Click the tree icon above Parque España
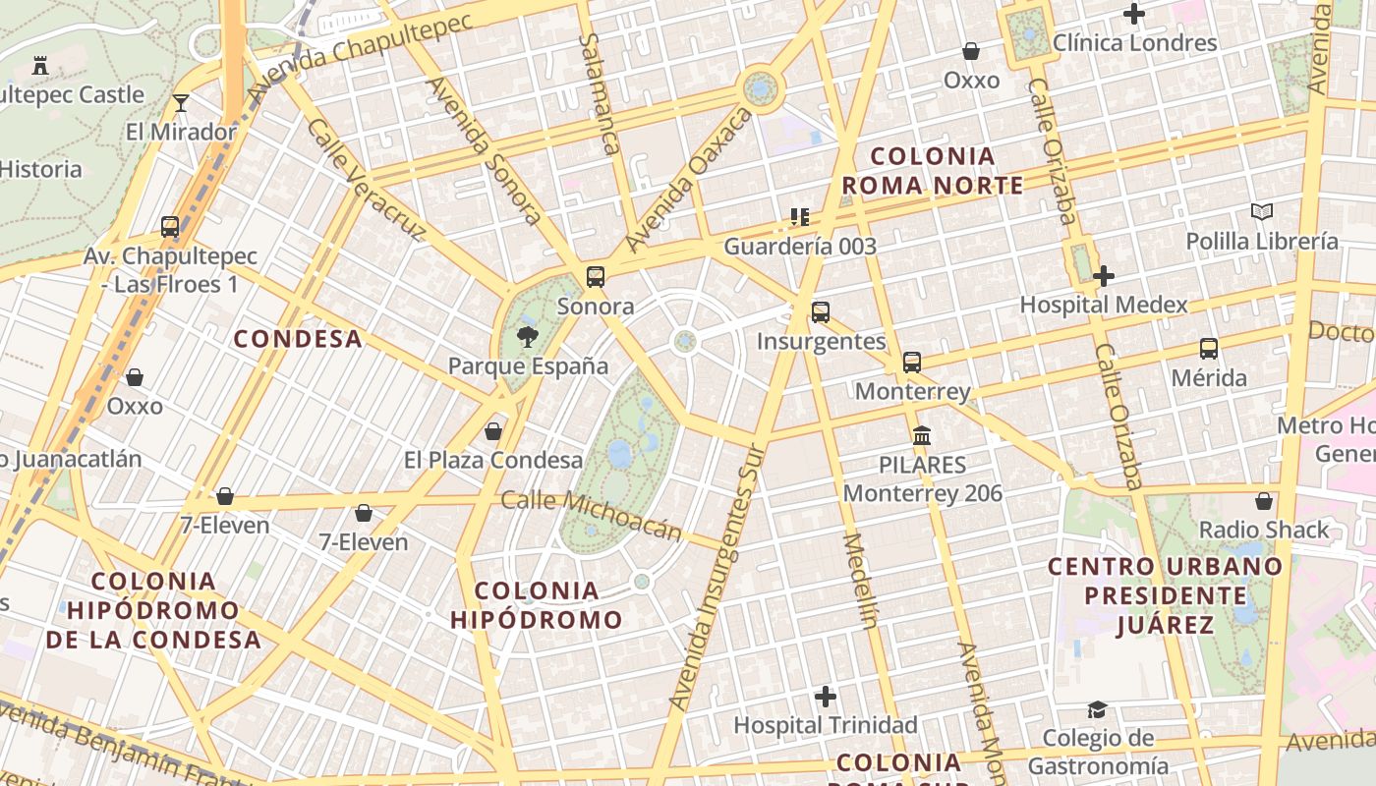[527, 338]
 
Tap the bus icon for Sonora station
[596, 277]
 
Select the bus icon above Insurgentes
[821, 312]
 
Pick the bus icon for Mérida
[1209, 349]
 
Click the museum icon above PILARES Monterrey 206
[922, 435]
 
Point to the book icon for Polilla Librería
[1262, 211]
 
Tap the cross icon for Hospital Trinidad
[826, 697]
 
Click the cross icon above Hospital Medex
[1104, 276]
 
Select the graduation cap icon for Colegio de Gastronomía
[1097, 709]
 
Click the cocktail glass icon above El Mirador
[181, 103]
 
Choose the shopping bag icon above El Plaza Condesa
[493, 431]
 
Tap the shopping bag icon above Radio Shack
[1264, 501]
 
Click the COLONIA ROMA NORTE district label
[933, 171]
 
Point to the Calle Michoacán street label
[592, 515]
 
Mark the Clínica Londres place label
[1134, 43]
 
